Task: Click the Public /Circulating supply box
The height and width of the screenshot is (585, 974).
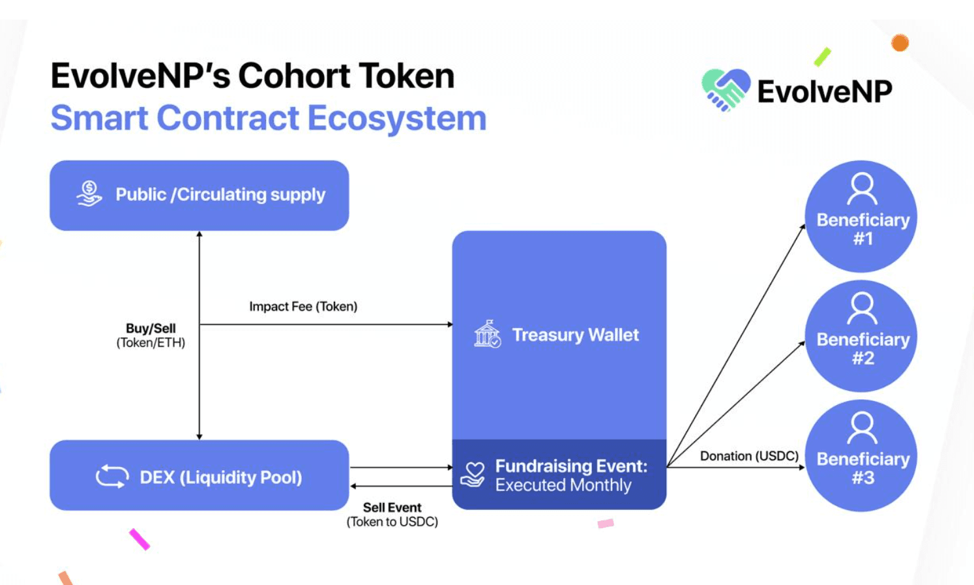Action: [199, 195]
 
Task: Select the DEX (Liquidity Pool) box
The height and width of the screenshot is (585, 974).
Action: [199, 475]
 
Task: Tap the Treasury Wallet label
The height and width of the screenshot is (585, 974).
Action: [575, 335]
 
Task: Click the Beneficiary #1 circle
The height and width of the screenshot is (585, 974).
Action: [861, 217]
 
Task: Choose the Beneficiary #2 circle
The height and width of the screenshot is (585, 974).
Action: [861, 337]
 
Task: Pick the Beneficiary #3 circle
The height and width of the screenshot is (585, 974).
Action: [861, 456]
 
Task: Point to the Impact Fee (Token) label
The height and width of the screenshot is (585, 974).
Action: [303, 307]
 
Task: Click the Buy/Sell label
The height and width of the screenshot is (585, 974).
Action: [151, 329]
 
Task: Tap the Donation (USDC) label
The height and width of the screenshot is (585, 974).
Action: [749, 456]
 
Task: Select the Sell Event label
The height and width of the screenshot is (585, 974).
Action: [392, 507]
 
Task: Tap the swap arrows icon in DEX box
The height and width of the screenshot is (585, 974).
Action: [112, 476]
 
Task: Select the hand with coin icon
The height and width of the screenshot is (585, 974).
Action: [89, 194]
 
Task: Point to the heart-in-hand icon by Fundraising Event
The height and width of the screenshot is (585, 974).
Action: [473, 475]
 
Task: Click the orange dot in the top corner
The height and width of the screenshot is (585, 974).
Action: [900, 43]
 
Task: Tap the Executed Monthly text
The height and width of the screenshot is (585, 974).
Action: [563, 485]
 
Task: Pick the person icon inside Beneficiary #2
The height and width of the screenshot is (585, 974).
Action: [862, 308]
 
